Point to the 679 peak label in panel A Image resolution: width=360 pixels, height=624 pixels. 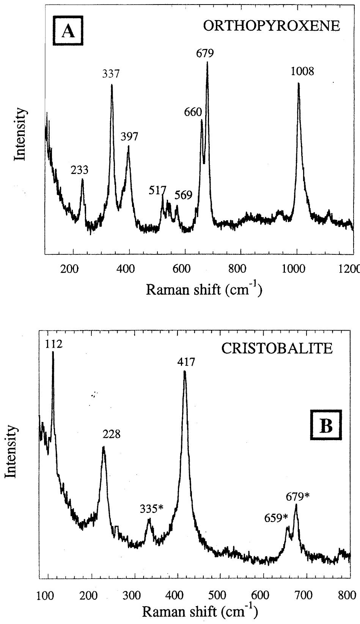pos(204,53)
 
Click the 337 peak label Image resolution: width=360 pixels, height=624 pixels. pos(111,74)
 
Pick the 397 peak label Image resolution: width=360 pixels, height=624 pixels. pos(129,136)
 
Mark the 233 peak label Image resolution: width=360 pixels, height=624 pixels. pos(79,170)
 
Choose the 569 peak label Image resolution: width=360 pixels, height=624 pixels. pos(184,195)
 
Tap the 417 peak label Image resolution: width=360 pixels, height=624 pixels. pos(186,362)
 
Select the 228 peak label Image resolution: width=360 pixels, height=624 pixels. pos(112,434)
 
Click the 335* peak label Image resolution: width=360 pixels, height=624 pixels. pos(151,509)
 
